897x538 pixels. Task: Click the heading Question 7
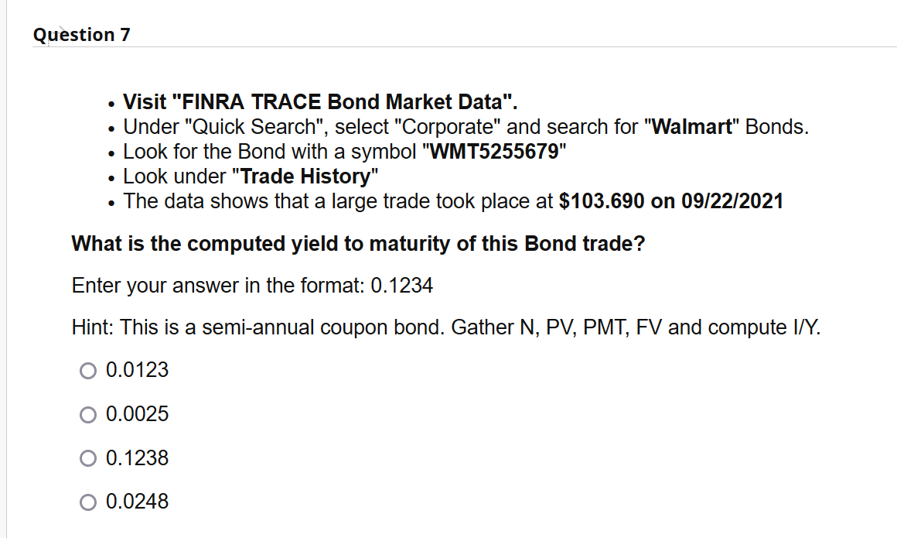coord(82,35)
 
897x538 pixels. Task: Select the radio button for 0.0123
coord(87,371)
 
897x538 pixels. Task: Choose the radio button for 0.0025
coord(87,415)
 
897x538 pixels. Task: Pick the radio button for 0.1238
coord(87,458)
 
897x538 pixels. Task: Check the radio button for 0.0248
coord(87,502)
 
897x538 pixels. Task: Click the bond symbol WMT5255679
coord(493,151)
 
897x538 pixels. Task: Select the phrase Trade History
coord(305,176)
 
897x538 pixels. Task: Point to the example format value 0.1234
coord(402,286)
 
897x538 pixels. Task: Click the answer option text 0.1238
coord(137,458)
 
